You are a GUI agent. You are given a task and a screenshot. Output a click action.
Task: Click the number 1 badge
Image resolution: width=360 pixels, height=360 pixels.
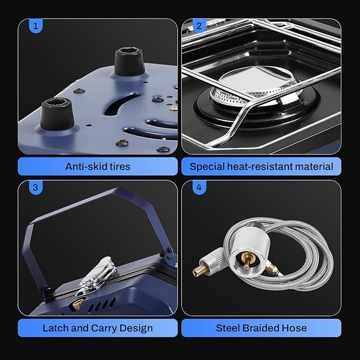36,25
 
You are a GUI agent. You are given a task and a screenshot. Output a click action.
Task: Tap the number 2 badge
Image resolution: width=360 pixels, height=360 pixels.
199,25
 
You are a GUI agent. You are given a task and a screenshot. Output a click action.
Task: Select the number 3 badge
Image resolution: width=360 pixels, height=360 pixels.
36,187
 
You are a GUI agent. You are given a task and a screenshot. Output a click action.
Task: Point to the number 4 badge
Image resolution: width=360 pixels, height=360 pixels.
199,187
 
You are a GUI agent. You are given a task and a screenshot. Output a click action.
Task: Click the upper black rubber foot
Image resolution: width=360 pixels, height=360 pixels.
129,62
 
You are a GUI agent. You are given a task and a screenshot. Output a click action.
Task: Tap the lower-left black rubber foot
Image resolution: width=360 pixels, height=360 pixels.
57,113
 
